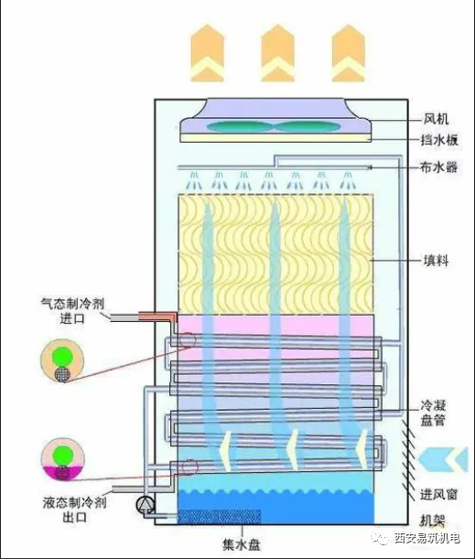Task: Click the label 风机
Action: (x=436, y=119)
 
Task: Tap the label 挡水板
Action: (x=439, y=140)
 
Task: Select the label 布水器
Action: (x=438, y=167)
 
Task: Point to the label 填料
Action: (x=436, y=261)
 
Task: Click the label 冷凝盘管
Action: (x=433, y=413)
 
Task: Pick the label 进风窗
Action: (x=438, y=494)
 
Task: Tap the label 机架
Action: (x=432, y=521)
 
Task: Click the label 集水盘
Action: (x=242, y=544)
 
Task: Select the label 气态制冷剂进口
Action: (x=72, y=311)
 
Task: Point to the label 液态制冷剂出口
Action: (x=74, y=510)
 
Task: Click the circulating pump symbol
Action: (x=145, y=504)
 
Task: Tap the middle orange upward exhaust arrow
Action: (x=277, y=53)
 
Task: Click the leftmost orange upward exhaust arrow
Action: (x=207, y=53)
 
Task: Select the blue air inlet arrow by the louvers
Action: (x=443, y=459)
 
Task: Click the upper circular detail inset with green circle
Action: (x=62, y=360)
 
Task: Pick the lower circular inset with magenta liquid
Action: (x=63, y=459)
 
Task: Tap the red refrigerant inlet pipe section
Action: (x=157, y=317)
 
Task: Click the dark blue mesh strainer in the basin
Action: (x=219, y=517)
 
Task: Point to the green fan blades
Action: (x=274, y=126)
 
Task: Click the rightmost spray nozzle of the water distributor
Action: (x=348, y=180)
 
